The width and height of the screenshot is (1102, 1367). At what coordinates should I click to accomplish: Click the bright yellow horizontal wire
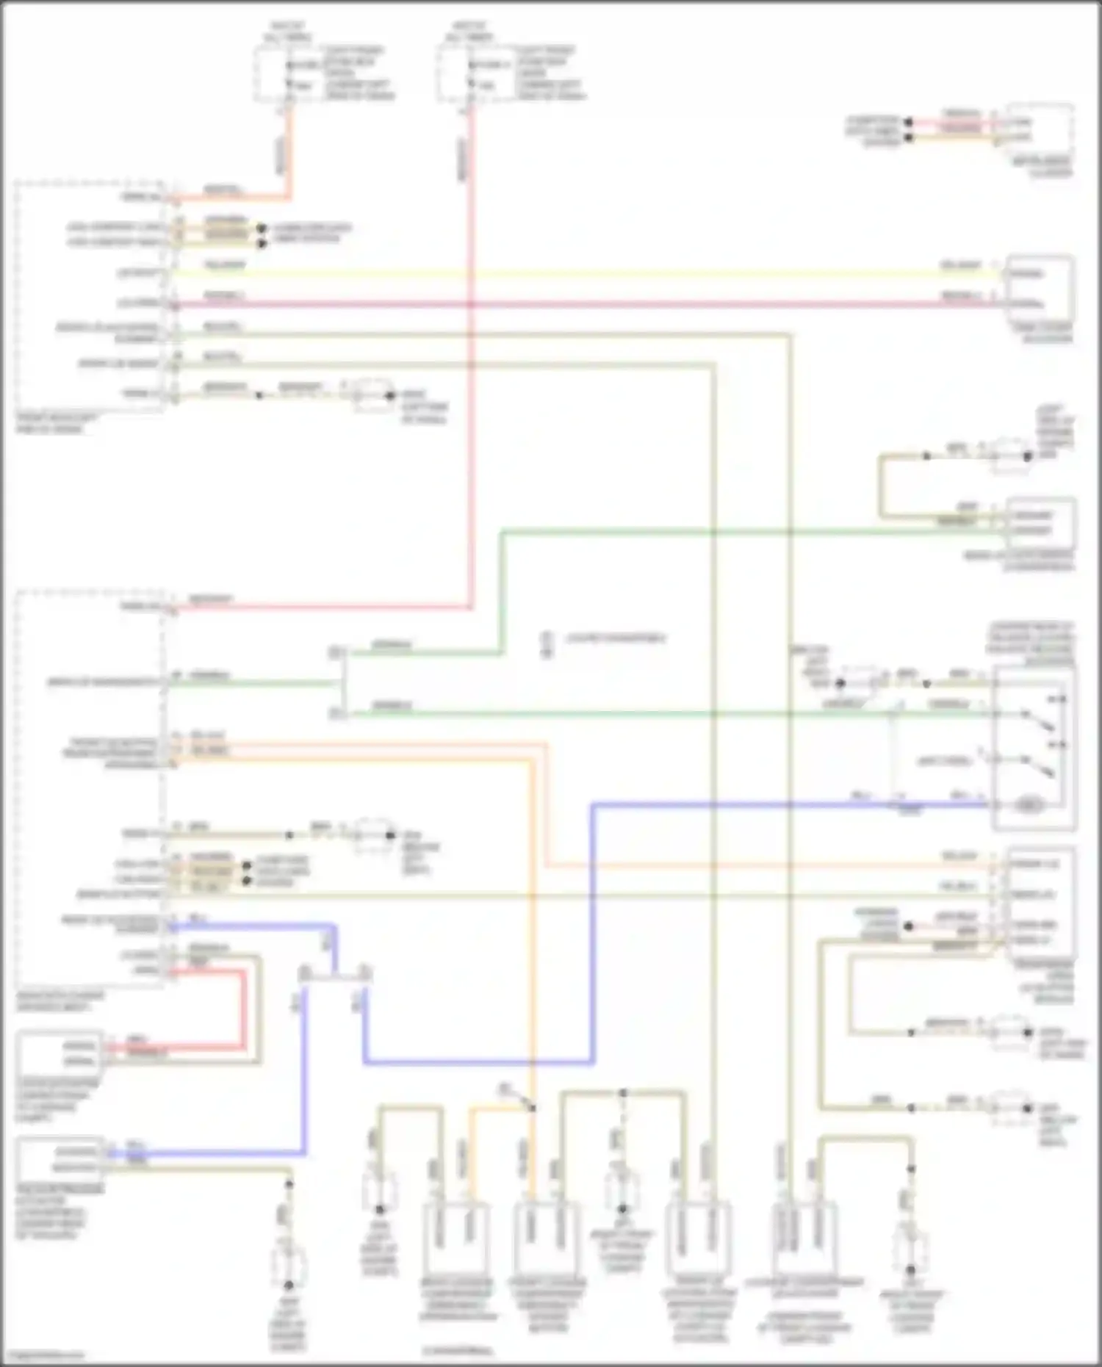coord(588,274)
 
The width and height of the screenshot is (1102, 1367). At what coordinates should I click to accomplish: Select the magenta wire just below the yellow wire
coord(588,303)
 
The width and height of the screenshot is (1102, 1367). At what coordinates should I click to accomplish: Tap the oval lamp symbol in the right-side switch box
coord(1030,806)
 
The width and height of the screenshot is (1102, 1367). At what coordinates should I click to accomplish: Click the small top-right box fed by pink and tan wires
coord(1040,129)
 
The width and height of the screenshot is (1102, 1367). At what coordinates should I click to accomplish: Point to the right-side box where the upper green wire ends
coord(1041,523)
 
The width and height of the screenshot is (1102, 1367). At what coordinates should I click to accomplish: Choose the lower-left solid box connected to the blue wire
coord(59,1158)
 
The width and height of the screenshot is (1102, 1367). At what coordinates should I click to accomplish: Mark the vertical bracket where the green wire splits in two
coord(340,683)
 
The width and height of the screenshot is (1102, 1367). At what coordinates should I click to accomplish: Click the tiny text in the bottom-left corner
coord(43,1356)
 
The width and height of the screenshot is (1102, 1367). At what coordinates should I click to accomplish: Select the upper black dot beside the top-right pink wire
coord(909,122)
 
